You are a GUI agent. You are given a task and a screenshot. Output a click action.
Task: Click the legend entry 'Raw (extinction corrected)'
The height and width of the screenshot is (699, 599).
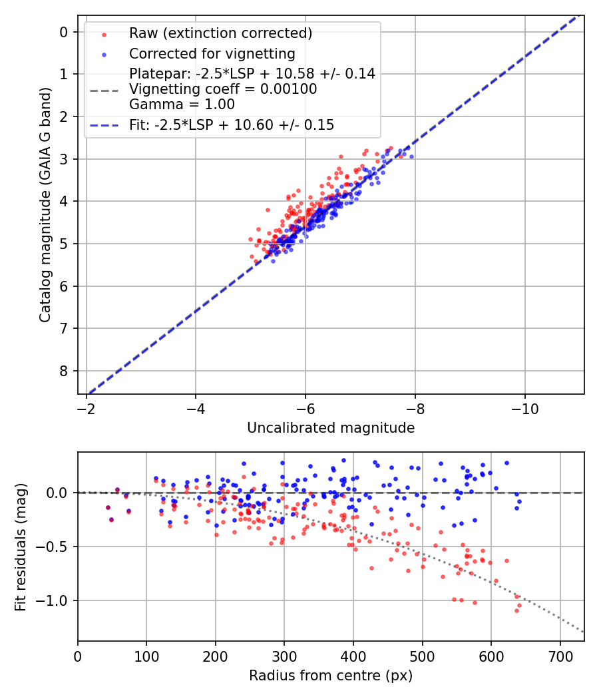click(x=220, y=33)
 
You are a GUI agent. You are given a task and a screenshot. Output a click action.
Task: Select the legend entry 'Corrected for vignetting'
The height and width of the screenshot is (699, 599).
click(x=212, y=53)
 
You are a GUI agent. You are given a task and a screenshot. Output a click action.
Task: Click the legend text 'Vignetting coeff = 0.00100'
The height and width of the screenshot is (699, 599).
click(x=223, y=89)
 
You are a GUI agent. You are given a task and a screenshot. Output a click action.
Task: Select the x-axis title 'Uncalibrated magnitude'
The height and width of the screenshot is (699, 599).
click(x=331, y=428)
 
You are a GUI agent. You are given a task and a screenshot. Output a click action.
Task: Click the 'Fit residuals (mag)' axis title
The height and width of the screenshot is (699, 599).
click(x=21, y=547)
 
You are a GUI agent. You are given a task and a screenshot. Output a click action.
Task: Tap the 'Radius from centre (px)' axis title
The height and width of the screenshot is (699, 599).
click(x=331, y=676)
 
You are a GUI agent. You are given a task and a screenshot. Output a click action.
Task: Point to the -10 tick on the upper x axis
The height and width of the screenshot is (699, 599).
click(x=524, y=405)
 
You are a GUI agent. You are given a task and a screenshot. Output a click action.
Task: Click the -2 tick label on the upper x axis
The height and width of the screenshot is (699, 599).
click(x=86, y=405)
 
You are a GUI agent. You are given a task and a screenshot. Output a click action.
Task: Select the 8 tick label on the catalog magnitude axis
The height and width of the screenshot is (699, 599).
click(x=64, y=371)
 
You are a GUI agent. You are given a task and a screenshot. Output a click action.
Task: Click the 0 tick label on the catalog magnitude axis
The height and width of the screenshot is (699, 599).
click(x=64, y=32)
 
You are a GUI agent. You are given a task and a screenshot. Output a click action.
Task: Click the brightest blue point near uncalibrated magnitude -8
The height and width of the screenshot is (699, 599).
click(x=411, y=156)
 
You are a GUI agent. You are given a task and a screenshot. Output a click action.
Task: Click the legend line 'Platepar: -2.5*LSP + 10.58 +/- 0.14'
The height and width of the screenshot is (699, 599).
click(x=252, y=74)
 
